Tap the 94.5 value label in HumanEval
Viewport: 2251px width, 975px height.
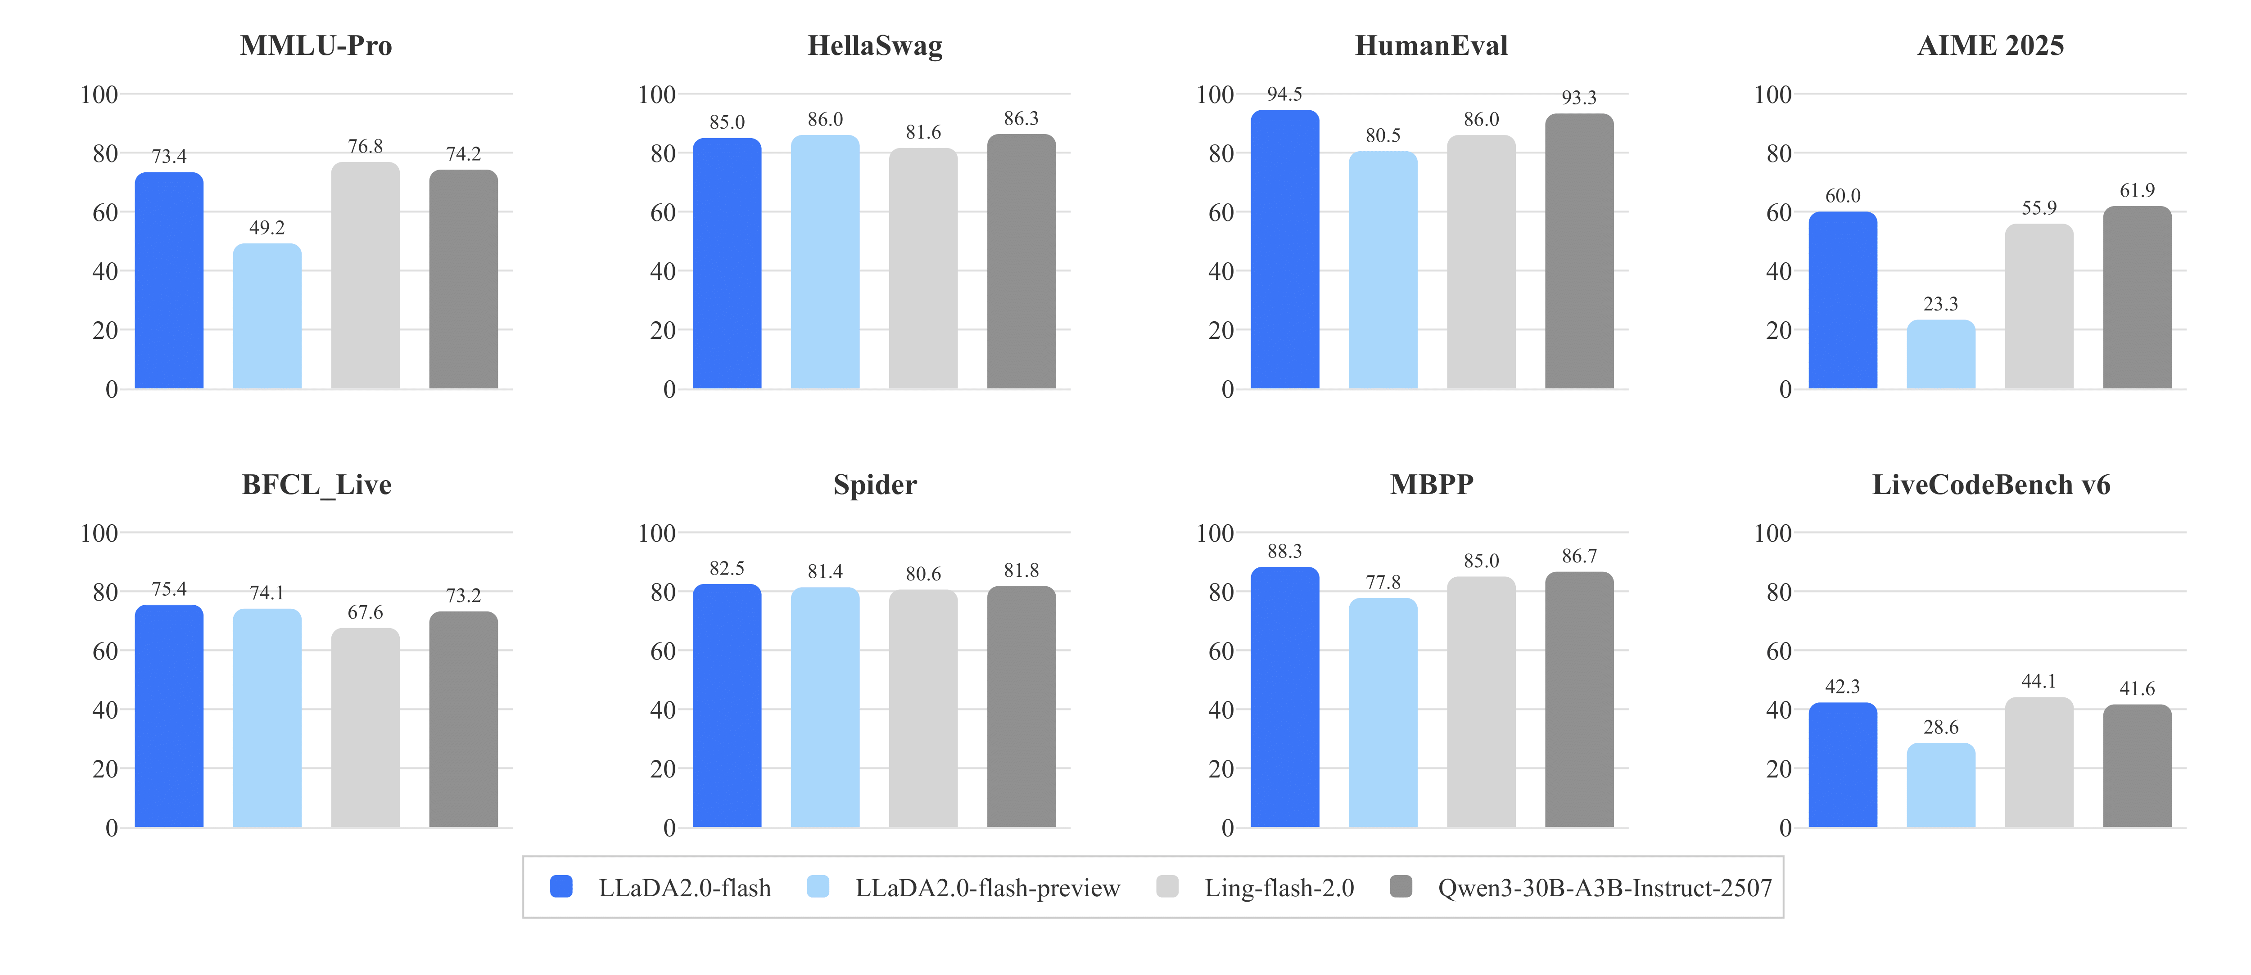pyautogui.click(x=1284, y=94)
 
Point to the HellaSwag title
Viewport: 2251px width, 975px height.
pyautogui.click(x=875, y=45)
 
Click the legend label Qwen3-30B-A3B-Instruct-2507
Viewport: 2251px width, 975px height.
pyautogui.click(x=1605, y=888)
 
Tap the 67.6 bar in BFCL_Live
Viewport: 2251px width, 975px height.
pyautogui.click(x=365, y=728)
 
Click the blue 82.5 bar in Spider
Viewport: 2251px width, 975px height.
pyautogui.click(x=727, y=706)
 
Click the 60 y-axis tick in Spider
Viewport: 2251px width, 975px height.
pyautogui.click(x=663, y=651)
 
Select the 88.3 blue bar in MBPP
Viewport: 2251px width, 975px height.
pyautogui.click(x=1284, y=697)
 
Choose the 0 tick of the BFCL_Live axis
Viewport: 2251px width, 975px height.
pyautogui.click(x=111, y=827)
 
